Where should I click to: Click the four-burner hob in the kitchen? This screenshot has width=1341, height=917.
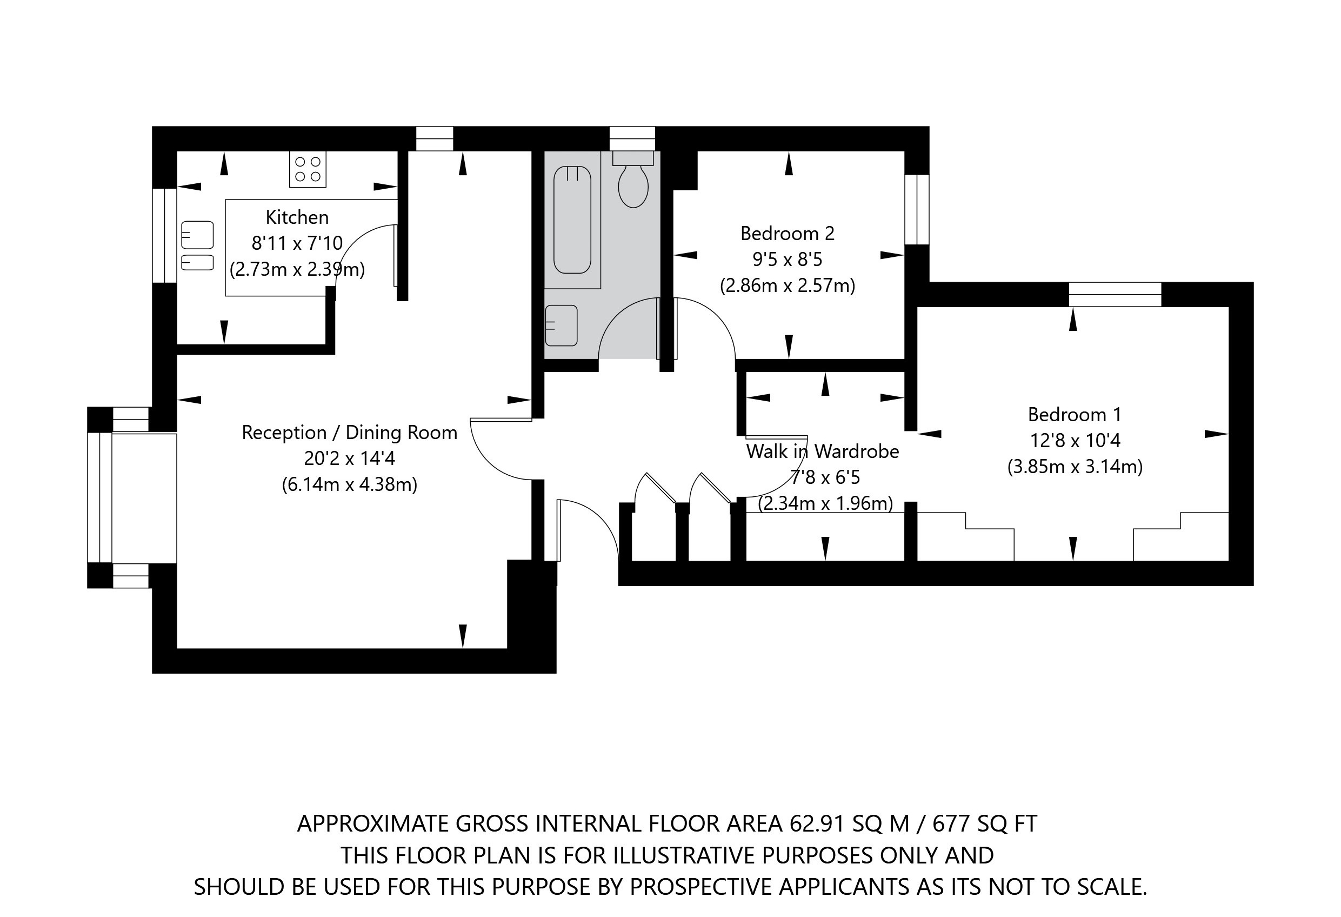point(308,169)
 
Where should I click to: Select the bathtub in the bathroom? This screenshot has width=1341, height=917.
point(572,220)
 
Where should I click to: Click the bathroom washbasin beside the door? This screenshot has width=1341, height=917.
point(561,325)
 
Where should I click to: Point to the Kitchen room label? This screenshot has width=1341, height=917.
point(297,217)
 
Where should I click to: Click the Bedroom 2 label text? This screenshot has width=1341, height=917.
point(787,234)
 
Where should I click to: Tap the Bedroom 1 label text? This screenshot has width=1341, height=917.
point(1075,415)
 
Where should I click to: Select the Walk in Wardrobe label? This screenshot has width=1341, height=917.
point(822,451)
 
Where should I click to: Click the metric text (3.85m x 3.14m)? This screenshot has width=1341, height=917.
point(1075,467)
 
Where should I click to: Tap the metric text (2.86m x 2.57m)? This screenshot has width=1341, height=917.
point(787,285)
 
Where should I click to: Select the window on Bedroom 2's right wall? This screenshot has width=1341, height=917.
point(916,209)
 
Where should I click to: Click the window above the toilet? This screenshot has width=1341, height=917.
point(632,138)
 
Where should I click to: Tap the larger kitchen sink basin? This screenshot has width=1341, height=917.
point(197,235)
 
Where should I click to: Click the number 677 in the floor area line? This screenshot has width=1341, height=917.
point(951,823)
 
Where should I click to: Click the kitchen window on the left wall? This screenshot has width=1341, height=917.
point(164,235)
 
